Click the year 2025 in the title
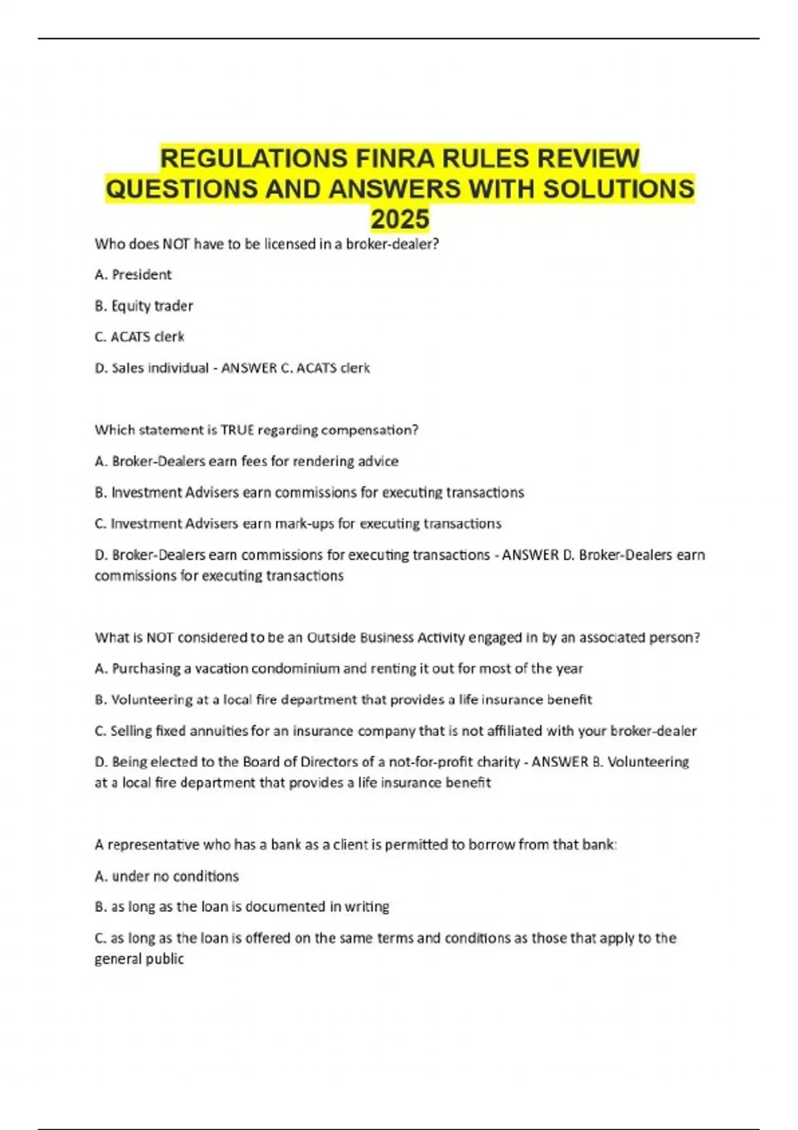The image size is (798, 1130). click(x=400, y=219)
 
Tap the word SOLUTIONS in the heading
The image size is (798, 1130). click(x=618, y=189)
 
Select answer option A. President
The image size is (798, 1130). click(x=133, y=275)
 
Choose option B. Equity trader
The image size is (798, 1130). click(x=144, y=306)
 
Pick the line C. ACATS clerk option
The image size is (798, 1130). click(x=139, y=337)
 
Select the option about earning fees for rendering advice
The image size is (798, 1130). click(x=247, y=461)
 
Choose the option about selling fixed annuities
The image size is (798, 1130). click(x=396, y=731)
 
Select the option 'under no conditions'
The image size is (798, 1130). click(x=167, y=876)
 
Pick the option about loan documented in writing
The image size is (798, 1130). click(x=242, y=907)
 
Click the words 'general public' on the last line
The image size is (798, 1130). click(x=139, y=959)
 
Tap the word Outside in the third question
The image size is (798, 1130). click(x=331, y=637)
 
